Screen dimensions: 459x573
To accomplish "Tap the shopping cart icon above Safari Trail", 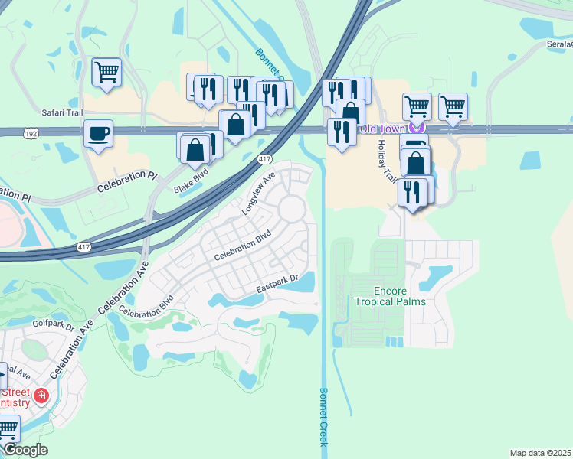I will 106,73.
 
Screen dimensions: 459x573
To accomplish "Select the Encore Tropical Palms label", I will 390,296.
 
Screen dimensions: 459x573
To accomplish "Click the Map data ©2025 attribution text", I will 539,452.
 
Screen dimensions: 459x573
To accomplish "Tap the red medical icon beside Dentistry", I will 41,396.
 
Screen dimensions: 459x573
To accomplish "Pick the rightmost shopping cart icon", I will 453,106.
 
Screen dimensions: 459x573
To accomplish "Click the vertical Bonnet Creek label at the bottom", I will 323,416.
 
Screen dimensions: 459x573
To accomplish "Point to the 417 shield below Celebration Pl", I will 83,248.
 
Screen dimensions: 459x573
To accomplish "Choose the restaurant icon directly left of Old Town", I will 339,132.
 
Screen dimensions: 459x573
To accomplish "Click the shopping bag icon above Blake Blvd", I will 195,149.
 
